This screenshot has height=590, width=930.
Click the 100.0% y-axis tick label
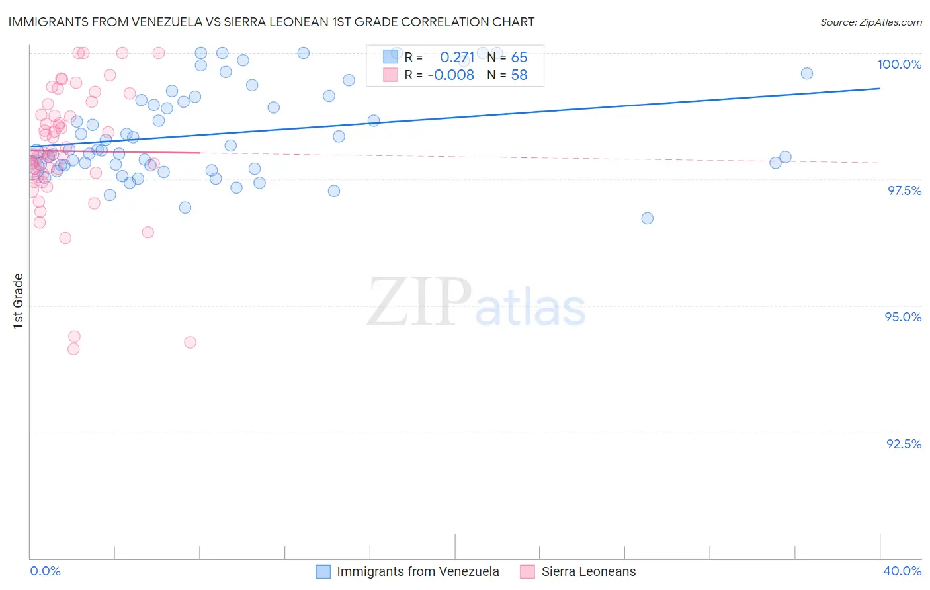(x=899, y=64)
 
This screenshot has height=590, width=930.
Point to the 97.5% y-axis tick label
(x=904, y=190)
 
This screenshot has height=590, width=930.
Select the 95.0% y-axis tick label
(x=903, y=317)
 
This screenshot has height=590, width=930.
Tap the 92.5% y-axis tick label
(x=904, y=444)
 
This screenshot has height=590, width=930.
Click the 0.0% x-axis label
(x=45, y=571)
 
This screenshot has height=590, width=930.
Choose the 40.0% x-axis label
(x=902, y=571)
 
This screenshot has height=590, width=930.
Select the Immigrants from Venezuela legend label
(x=417, y=571)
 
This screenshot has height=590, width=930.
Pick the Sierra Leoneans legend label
(x=588, y=571)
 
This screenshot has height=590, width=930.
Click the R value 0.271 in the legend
(x=457, y=57)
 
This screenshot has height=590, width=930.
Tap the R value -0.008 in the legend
(x=450, y=75)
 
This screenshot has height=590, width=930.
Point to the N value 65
(x=519, y=57)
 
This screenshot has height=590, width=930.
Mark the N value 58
(x=519, y=75)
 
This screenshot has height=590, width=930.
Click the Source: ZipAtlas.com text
(x=870, y=22)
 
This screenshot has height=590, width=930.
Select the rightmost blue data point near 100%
(x=806, y=73)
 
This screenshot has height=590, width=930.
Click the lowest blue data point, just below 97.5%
(x=647, y=218)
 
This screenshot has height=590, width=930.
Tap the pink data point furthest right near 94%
(x=190, y=342)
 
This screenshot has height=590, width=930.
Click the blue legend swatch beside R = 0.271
(x=390, y=57)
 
